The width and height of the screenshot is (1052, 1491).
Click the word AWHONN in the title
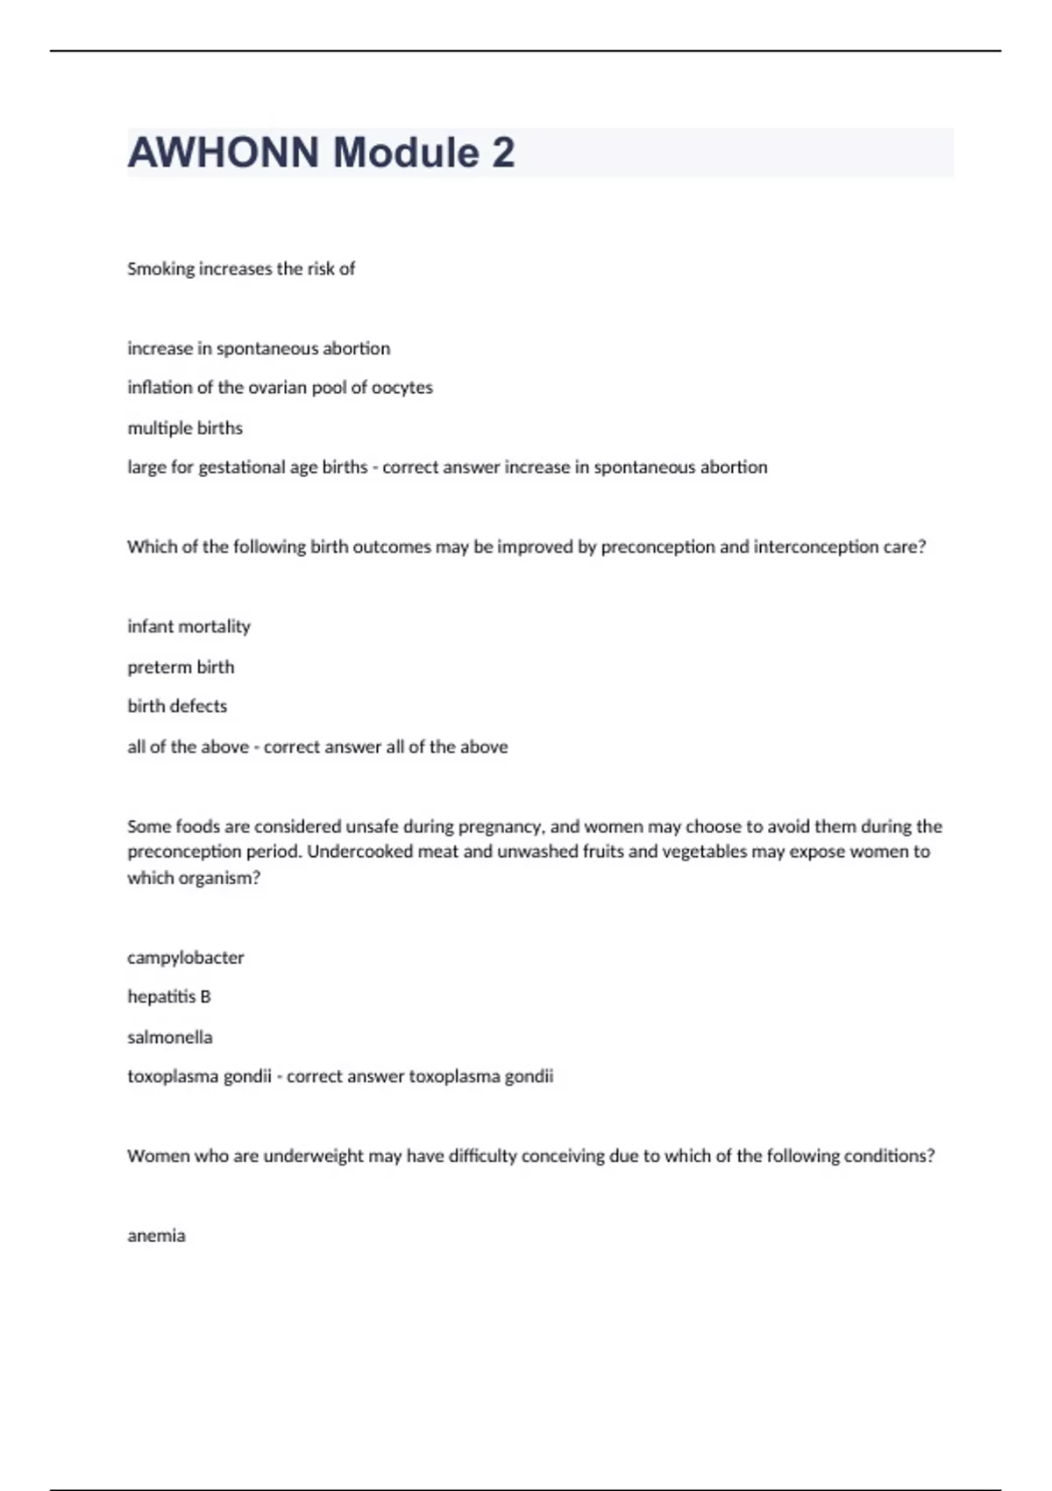pos(224,153)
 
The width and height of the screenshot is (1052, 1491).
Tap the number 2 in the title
pos(503,153)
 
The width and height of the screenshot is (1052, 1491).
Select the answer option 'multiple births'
pos(185,428)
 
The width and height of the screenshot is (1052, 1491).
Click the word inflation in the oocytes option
pos(160,388)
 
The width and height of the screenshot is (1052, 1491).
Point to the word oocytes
pos(402,388)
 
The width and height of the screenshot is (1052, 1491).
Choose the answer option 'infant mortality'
pos(188,626)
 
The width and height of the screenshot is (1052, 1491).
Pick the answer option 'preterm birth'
pos(181,667)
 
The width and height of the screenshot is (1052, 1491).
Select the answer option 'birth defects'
pos(177,706)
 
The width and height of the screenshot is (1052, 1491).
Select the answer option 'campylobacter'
pos(186,958)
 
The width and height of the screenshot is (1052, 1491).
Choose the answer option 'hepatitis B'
pos(169,997)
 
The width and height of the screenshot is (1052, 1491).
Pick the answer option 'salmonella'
pos(170,1038)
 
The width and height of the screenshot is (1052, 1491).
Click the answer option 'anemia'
pos(156,1236)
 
